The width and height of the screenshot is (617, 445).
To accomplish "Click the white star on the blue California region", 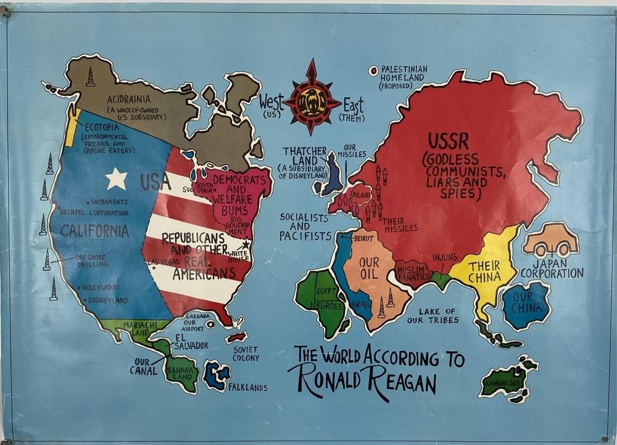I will click(116, 178).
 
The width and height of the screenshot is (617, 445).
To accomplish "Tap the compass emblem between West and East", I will click(312, 97).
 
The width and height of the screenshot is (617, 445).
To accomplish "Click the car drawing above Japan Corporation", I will click(550, 241).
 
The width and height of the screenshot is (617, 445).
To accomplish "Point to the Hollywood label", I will click(100, 288).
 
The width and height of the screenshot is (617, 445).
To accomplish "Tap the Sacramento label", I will click(110, 202).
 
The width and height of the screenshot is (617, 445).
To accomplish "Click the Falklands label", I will click(247, 388).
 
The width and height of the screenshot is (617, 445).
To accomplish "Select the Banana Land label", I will click(181, 375).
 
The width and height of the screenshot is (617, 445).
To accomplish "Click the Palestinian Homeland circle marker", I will click(373, 71).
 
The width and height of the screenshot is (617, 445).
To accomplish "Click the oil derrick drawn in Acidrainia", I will click(91, 77).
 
